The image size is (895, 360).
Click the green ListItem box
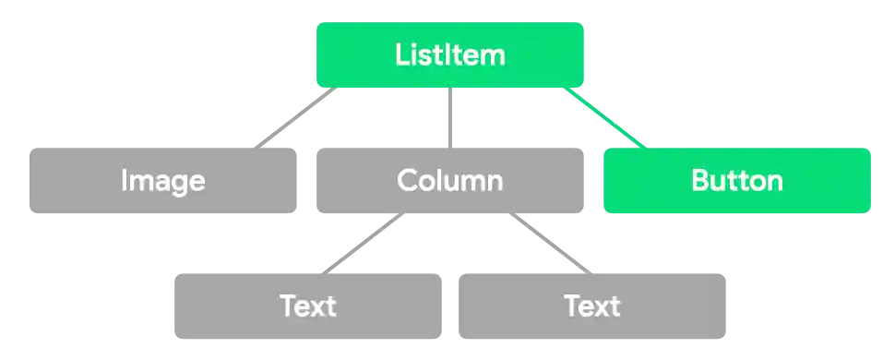coord(450,55)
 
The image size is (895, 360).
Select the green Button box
coord(735,181)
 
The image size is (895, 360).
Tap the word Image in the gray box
coord(163,181)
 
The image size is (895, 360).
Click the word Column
coord(449,180)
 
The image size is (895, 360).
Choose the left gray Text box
coord(306,306)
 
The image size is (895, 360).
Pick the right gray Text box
coord(593,306)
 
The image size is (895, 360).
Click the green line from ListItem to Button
coord(606,118)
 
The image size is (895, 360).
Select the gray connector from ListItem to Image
coord(294,118)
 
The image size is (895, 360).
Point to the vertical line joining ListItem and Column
coord(450,118)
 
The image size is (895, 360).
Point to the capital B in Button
coord(699,180)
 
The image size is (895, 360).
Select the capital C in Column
coord(407,180)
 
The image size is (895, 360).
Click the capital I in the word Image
coord(125,181)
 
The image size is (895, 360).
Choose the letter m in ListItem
coord(492,56)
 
